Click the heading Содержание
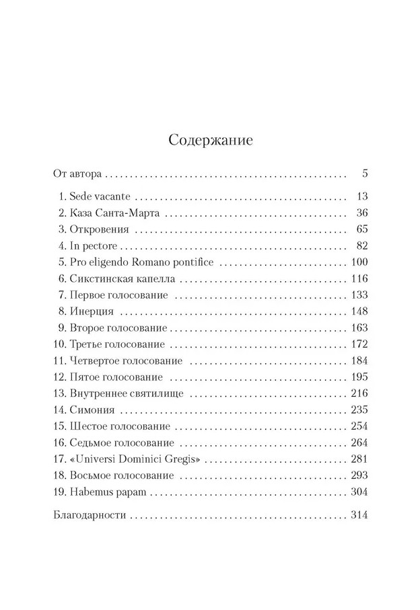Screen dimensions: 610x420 210,141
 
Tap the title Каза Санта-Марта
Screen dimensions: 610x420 115,213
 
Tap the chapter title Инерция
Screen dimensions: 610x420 91,312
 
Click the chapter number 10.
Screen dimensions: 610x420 58,344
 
